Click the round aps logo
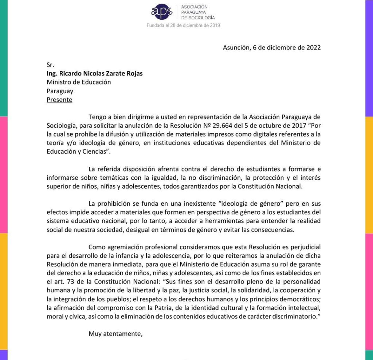click(x=162, y=12)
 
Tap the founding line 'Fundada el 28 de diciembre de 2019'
click(x=183, y=25)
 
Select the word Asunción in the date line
click(x=236, y=48)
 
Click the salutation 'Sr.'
click(x=50, y=65)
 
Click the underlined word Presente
click(x=59, y=100)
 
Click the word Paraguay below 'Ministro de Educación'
click(x=60, y=91)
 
